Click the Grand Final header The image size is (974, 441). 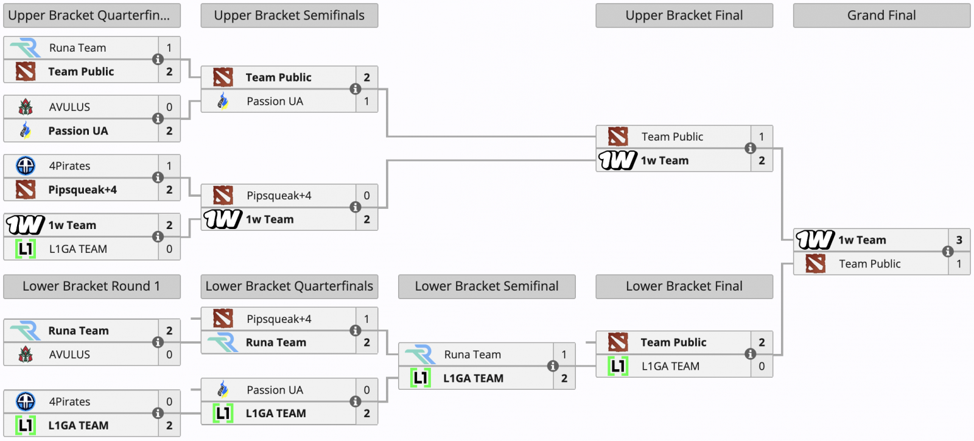(x=881, y=16)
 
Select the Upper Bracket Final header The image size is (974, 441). (x=684, y=16)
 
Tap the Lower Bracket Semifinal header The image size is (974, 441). (x=486, y=286)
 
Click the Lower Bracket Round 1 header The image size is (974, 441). (x=91, y=286)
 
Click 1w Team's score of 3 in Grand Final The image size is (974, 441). (x=959, y=240)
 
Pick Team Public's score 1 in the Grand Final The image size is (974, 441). (x=959, y=264)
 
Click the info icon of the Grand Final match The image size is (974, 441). (x=948, y=252)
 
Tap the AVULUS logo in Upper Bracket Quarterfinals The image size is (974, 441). (x=26, y=107)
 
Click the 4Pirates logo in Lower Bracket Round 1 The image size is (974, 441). (x=26, y=401)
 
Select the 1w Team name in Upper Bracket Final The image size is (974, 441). (x=665, y=161)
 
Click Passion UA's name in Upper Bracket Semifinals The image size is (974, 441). (x=275, y=101)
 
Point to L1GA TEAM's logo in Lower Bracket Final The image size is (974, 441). (x=618, y=366)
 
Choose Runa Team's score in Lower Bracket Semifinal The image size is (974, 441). (x=564, y=355)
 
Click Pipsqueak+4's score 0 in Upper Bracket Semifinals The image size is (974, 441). (x=366, y=196)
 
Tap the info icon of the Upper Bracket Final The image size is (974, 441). (x=751, y=148)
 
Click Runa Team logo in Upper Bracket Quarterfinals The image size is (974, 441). (x=26, y=48)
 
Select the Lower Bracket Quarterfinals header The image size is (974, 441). (x=289, y=286)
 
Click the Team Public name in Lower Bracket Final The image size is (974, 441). (x=673, y=342)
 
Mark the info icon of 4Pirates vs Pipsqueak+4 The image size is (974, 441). (x=158, y=177)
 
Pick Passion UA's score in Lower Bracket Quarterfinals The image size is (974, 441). (x=366, y=390)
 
